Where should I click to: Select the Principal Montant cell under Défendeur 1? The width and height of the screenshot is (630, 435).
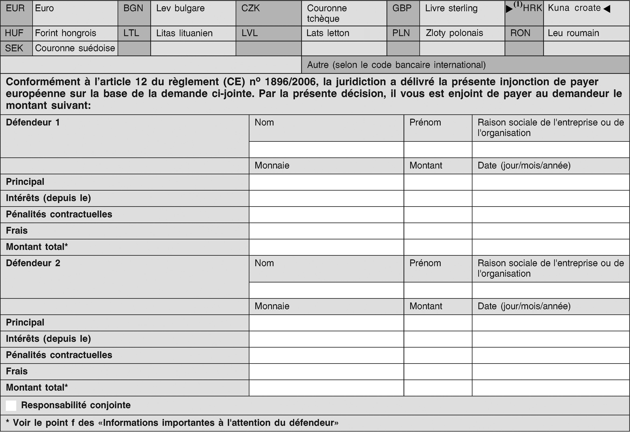click(x=438, y=182)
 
